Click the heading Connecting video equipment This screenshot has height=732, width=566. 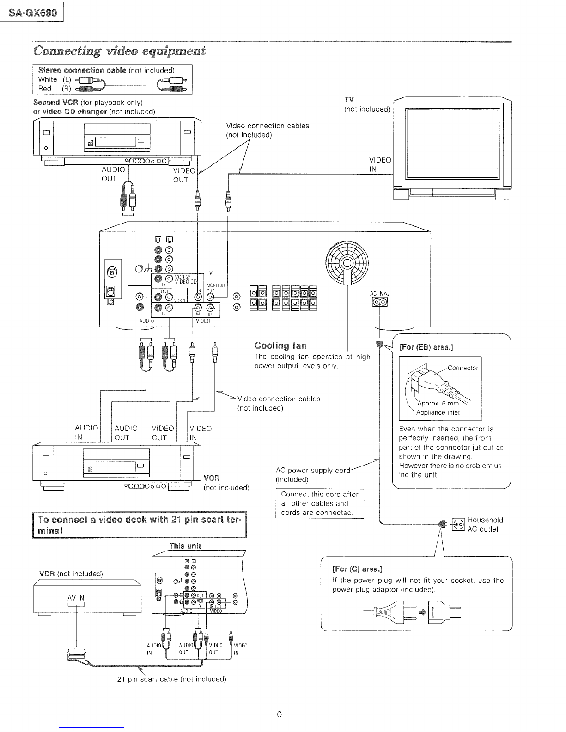click(119, 51)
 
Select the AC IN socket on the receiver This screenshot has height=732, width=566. click(379, 302)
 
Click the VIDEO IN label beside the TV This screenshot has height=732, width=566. click(380, 164)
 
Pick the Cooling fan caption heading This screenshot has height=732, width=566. click(280, 345)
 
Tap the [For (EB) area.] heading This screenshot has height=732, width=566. click(426, 347)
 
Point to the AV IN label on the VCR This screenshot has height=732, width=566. click(76, 598)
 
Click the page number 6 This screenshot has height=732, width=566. click(279, 714)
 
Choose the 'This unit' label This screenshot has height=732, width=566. click(185, 546)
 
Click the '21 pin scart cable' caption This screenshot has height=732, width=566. click(171, 679)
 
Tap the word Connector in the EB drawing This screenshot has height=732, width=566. click(463, 368)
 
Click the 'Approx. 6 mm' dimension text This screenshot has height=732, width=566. click(438, 403)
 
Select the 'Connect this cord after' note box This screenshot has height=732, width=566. click(320, 503)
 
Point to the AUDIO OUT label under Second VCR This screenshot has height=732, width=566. click(113, 174)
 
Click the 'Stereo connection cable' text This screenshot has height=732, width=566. click(82, 70)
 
